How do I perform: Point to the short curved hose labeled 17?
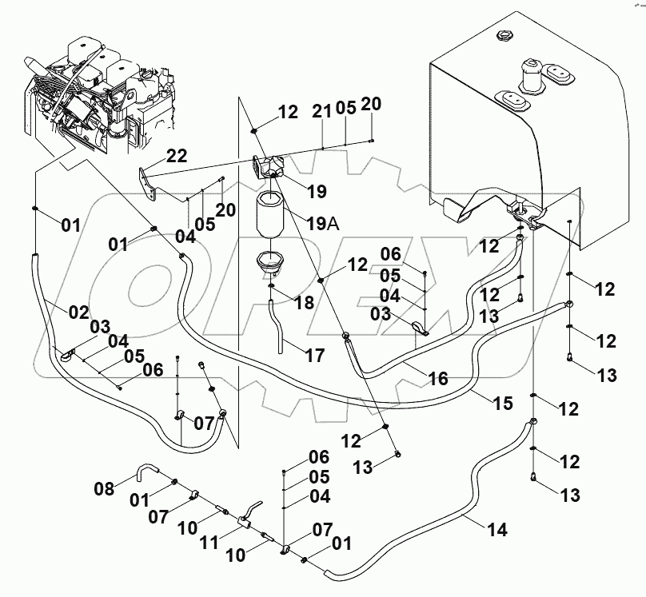pos(279,327)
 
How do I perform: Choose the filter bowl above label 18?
pos(269,261)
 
